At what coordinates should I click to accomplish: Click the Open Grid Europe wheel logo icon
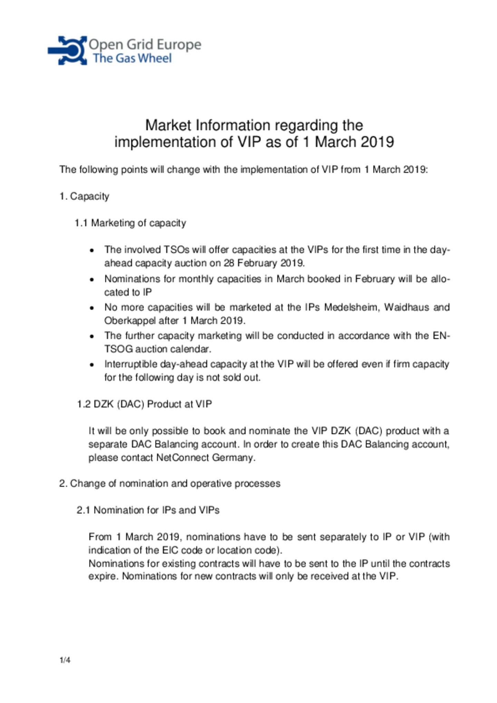(x=68, y=50)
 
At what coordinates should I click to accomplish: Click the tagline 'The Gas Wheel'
(x=132, y=58)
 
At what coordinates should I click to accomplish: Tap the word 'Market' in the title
(x=169, y=125)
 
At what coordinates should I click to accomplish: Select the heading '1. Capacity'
(x=84, y=196)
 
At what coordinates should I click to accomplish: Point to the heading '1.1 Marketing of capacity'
(x=130, y=223)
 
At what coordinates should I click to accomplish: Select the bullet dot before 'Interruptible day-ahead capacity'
(x=92, y=365)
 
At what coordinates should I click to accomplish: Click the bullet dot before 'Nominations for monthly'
(x=92, y=279)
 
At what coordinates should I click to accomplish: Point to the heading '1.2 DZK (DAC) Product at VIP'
(x=144, y=404)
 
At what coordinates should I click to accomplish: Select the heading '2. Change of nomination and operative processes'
(x=169, y=483)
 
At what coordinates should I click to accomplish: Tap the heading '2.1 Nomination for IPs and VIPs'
(x=148, y=510)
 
